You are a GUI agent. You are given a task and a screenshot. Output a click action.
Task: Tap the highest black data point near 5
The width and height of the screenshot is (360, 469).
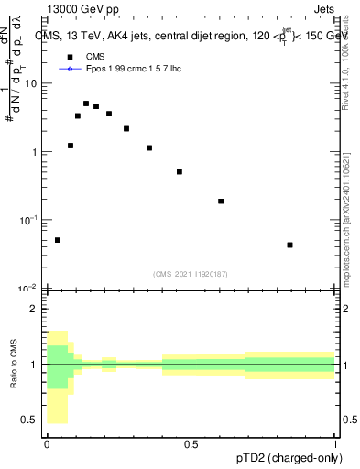[x=86, y=104]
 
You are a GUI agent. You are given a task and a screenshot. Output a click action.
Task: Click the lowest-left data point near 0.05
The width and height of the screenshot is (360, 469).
[x=58, y=240]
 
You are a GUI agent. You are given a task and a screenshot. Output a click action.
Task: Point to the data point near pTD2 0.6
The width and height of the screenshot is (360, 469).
[x=221, y=201]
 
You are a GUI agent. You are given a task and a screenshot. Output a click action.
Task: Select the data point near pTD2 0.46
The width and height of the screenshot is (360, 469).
[x=180, y=171]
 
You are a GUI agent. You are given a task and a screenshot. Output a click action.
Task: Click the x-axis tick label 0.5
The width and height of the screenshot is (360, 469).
[x=191, y=442]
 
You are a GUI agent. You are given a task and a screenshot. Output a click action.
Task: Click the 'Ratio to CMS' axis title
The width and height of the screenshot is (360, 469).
[x=13, y=365]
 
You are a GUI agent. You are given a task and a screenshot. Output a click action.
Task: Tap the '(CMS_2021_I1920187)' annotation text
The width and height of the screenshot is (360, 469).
[x=191, y=273]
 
